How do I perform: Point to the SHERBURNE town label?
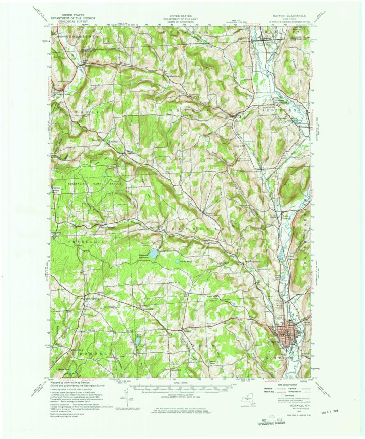click(293, 109)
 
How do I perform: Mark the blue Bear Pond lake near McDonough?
click(135, 341)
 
